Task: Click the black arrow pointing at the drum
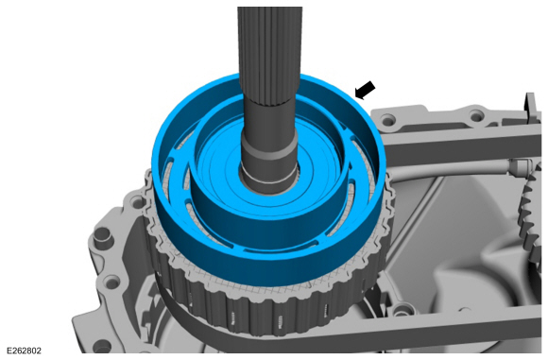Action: tap(365, 90)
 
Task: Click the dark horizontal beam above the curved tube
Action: tap(454, 151)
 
